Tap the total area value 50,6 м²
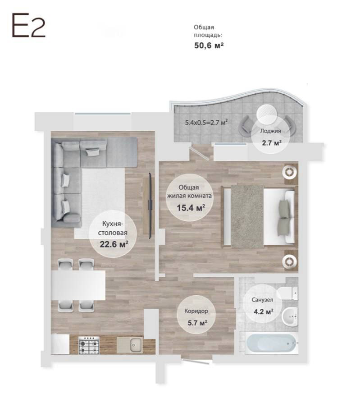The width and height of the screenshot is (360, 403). (x=209, y=46)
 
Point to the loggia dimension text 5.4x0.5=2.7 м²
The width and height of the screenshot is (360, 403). (x=207, y=122)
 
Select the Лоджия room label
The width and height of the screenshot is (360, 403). (x=270, y=131)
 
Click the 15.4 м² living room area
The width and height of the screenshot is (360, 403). (x=191, y=207)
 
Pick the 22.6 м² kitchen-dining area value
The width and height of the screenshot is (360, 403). (x=114, y=244)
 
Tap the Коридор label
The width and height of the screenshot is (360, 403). (x=196, y=311)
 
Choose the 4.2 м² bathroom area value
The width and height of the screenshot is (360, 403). (x=263, y=312)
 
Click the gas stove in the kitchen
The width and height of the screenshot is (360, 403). (x=89, y=345)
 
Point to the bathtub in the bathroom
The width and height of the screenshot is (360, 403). (x=271, y=343)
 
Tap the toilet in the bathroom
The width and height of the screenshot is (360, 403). (x=288, y=293)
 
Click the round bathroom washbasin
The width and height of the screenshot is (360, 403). (x=290, y=316)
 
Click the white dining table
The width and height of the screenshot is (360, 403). (x=78, y=285)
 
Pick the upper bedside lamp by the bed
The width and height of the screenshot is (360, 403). (x=290, y=172)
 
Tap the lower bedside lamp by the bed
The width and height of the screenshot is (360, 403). (x=290, y=261)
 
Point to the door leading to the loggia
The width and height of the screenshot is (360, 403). (x=199, y=153)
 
